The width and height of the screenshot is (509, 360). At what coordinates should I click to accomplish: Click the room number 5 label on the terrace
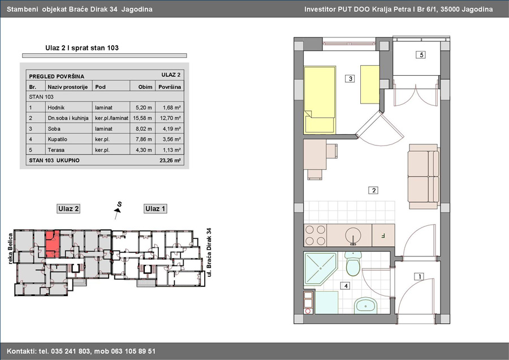[x=421, y=54]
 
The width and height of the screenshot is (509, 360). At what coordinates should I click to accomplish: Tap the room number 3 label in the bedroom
[x=350, y=79]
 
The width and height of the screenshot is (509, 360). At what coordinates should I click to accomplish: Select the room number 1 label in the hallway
[x=420, y=276]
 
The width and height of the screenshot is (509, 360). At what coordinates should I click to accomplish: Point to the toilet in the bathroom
[x=353, y=263]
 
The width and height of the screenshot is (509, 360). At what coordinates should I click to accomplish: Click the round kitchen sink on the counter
[x=353, y=234]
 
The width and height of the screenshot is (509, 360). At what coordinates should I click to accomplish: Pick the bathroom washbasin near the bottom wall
[x=365, y=306]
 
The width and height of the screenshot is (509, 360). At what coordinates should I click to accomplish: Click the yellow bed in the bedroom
[x=320, y=100]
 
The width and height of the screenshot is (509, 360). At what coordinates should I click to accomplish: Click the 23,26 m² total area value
[x=170, y=160]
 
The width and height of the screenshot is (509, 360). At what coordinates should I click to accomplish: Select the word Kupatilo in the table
[x=58, y=139]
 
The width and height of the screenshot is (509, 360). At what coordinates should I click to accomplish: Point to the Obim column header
[x=145, y=87]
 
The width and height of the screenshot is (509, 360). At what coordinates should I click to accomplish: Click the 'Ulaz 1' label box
[x=155, y=209]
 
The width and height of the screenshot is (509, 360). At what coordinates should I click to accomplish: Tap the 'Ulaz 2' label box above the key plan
[x=68, y=209]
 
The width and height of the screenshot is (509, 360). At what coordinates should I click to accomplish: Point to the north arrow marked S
[x=118, y=209]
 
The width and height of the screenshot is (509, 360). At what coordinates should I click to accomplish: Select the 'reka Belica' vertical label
[x=10, y=248]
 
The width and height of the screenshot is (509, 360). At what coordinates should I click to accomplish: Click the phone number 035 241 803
[x=71, y=352]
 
